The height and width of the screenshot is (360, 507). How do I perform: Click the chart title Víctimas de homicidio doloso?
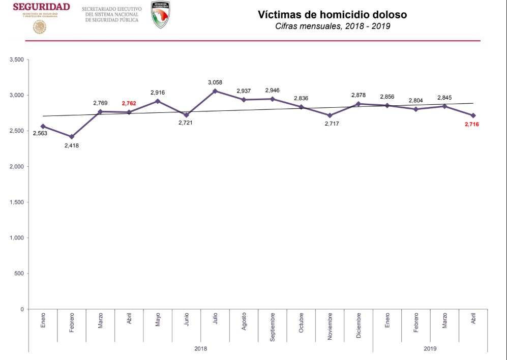click(x=332, y=15)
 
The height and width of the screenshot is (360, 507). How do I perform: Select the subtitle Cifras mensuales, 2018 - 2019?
click(x=332, y=26)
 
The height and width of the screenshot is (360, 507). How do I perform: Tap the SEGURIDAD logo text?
click(x=41, y=7)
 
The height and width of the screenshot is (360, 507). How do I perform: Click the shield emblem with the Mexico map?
click(x=161, y=15)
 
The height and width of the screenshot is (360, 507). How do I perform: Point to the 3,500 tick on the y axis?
click(x=17, y=60)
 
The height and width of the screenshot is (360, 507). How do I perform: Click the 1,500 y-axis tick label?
click(x=17, y=202)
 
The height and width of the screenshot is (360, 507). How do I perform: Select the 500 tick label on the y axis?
click(x=20, y=274)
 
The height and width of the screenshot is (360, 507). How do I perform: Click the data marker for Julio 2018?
click(x=215, y=91)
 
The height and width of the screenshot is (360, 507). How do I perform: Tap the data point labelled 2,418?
click(x=72, y=137)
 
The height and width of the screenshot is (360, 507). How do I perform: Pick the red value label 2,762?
click(x=129, y=103)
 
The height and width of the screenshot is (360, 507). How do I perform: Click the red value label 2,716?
click(x=472, y=124)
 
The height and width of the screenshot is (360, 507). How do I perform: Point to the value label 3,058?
click(x=215, y=82)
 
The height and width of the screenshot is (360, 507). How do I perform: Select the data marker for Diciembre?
click(x=359, y=104)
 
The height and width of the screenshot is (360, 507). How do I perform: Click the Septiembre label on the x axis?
click(x=273, y=326)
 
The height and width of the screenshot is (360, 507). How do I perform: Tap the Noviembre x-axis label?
click(x=330, y=327)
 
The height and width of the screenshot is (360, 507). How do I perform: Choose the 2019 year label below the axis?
click(x=430, y=349)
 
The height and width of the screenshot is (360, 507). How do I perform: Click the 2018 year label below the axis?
click(x=201, y=349)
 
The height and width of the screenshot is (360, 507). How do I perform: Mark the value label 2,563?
click(x=40, y=134)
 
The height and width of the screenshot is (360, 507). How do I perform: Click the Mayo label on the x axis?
click(x=158, y=319)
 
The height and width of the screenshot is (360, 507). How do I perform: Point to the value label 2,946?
click(x=273, y=91)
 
